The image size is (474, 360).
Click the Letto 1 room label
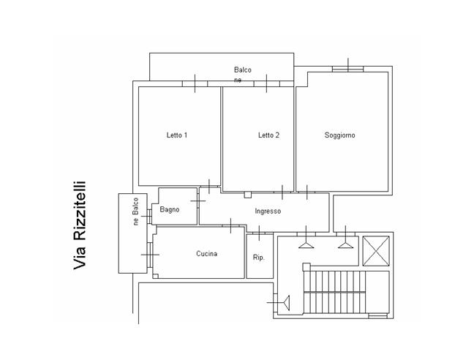pyautogui.click(x=177, y=135)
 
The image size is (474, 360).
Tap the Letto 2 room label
pyautogui.click(x=268, y=135)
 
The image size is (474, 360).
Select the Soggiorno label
pyautogui.click(x=340, y=135)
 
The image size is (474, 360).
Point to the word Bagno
pyautogui.click(x=170, y=209)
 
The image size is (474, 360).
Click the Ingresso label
pyautogui.click(x=268, y=211)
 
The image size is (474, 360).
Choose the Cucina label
pyautogui.click(x=206, y=254)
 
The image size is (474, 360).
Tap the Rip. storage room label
pyautogui.click(x=258, y=258)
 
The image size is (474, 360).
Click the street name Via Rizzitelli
pyautogui.click(x=80, y=228)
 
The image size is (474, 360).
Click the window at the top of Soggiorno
pyautogui.click(x=347, y=69)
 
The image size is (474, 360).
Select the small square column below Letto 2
pyautogui.click(x=248, y=195)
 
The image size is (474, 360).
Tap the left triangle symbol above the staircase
pyautogui.click(x=306, y=244)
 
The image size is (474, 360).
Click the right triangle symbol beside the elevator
pyautogui.click(x=345, y=244)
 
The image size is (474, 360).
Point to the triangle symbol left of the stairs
pyautogui.click(x=287, y=301)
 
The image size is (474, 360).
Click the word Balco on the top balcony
pyautogui.click(x=242, y=70)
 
